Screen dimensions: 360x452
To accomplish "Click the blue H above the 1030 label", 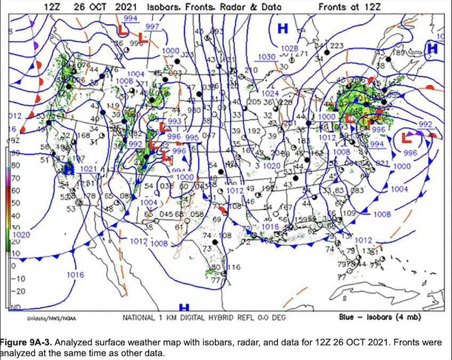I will click(282, 28).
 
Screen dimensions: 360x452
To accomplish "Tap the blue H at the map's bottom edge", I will click(184, 308).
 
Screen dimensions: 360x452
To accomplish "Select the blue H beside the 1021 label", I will click(68, 169).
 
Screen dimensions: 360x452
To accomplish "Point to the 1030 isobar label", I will click(266, 57).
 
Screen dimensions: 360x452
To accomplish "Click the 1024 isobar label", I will click(271, 93).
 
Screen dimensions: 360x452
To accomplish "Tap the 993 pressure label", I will click(174, 121).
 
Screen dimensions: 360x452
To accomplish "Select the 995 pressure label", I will click(192, 137).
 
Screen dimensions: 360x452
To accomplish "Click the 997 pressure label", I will click(152, 27).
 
